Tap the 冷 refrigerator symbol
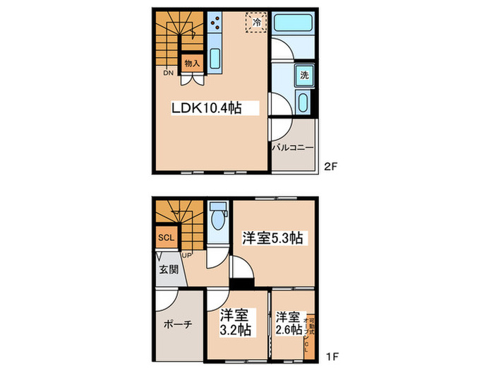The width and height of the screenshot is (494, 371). tap(256, 22)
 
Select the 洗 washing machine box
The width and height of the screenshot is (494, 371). tap(303, 75)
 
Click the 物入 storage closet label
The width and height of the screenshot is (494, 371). tap(192, 64)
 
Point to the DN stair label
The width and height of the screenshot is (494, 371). tap(168, 73)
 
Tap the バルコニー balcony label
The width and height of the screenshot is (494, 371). tap(293, 148)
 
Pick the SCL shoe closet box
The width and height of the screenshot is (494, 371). tap(166, 237)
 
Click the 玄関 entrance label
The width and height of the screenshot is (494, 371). tap(168, 269)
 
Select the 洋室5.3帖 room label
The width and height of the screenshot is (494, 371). tap(273, 238)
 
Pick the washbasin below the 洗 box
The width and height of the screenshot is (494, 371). tap(303, 103)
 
